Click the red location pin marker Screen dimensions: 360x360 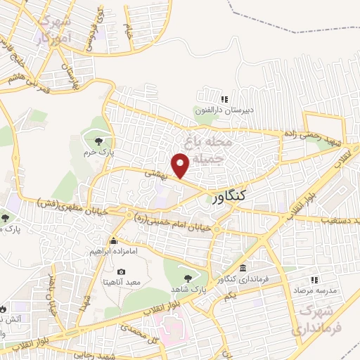click(x=181, y=165)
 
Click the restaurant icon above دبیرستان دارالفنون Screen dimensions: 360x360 click(x=225, y=100)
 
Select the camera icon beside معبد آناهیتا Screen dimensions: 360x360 click(x=121, y=272)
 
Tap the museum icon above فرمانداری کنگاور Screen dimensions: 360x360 click(x=243, y=269)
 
